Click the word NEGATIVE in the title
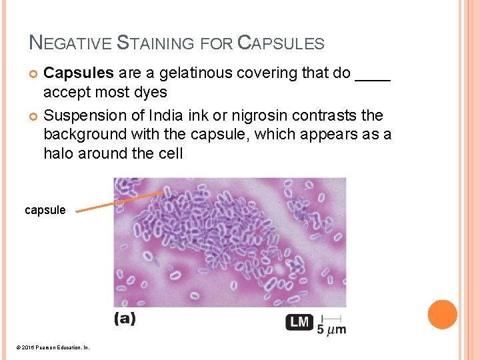click(x=70, y=44)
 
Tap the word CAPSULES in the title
click(x=281, y=44)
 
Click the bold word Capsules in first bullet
click(x=78, y=73)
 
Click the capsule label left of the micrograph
click(x=45, y=210)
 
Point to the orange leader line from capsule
click(x=120, y=201)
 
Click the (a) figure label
click(x=125, y=319)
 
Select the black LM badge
click(x=300, y=322)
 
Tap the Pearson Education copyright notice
click(x=51, y=347)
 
